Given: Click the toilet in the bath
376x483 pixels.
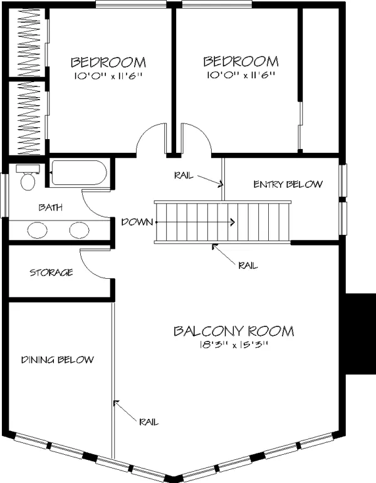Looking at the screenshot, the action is pyautogui.click(x=28, y=177).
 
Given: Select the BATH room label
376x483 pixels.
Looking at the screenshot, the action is pyautogui.click(x=51, y=207).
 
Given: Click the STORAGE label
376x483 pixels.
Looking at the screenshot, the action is pyautogui.click(x=51, y=273).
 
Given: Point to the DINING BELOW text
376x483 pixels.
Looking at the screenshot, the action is pyautogui.click(x=57, y=360).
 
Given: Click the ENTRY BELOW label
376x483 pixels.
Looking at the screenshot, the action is pyautogui.click(x=288, y=184).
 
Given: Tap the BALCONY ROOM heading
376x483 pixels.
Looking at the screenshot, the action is pyautogui.click(x=234, y=331).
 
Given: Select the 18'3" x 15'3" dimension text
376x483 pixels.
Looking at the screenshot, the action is pyautogui.click(x=234, y=345).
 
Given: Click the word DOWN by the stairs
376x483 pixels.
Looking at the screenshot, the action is pyautogui.click(x=137, y=222).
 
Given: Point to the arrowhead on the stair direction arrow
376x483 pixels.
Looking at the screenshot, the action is pyautogui.click(x=232, y=222).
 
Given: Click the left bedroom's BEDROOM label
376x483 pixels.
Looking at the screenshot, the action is pyautogui.click(x=108, y=62).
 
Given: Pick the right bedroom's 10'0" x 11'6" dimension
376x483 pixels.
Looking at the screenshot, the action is pyautogui.click(x=241, y=75).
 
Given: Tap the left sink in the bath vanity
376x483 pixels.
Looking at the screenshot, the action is pyautogui.click(x=38, y=230).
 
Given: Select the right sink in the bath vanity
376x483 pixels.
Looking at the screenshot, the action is pyautogui.click(x=79, y=230).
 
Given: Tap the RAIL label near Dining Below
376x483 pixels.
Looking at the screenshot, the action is pyautogui.click(x=149, y=422).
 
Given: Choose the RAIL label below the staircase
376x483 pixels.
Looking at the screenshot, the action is pyautogui.click(x=248, y=266).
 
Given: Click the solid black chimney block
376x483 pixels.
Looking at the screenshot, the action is pyautogui.click(x=360, y=334).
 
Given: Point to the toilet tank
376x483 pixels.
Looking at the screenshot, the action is pyautogui.click(x=28, y=169).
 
